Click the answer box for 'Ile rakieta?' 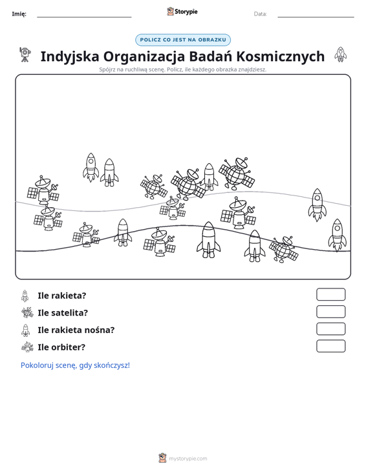coord(330,294)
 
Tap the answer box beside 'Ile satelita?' coord(330,312)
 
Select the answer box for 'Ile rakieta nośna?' coord(330,329)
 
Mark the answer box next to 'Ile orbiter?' coord(330,346)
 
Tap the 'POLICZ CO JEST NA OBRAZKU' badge coord(183,40)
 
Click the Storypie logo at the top coord(182,12)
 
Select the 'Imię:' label coord(19,14)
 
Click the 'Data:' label coord(260,14)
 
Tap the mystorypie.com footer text coord(188,459)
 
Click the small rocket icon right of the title coord(340,55)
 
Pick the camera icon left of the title coord(25,55)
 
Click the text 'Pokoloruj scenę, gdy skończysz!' coord(75,365)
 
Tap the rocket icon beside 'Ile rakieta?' coord(25,296)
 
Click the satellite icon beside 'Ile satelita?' coord(27,312)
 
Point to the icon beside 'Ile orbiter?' coord(27,347)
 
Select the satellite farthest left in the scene coord(43,190)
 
